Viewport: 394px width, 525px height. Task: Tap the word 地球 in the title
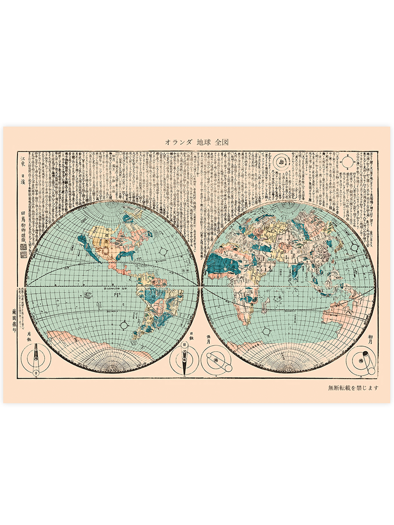[x=203, y=143]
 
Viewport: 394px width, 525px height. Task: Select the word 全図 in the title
[x=222, y=143]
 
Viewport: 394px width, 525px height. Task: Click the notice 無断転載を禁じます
[x=353, y=387]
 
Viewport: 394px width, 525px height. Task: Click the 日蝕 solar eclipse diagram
[x=184, y=361]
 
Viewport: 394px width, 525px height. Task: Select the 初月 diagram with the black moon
[x=360, y=360]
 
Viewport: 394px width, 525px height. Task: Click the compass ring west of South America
[x=124, y=324]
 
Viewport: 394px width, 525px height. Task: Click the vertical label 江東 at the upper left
[x=22, y=159]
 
